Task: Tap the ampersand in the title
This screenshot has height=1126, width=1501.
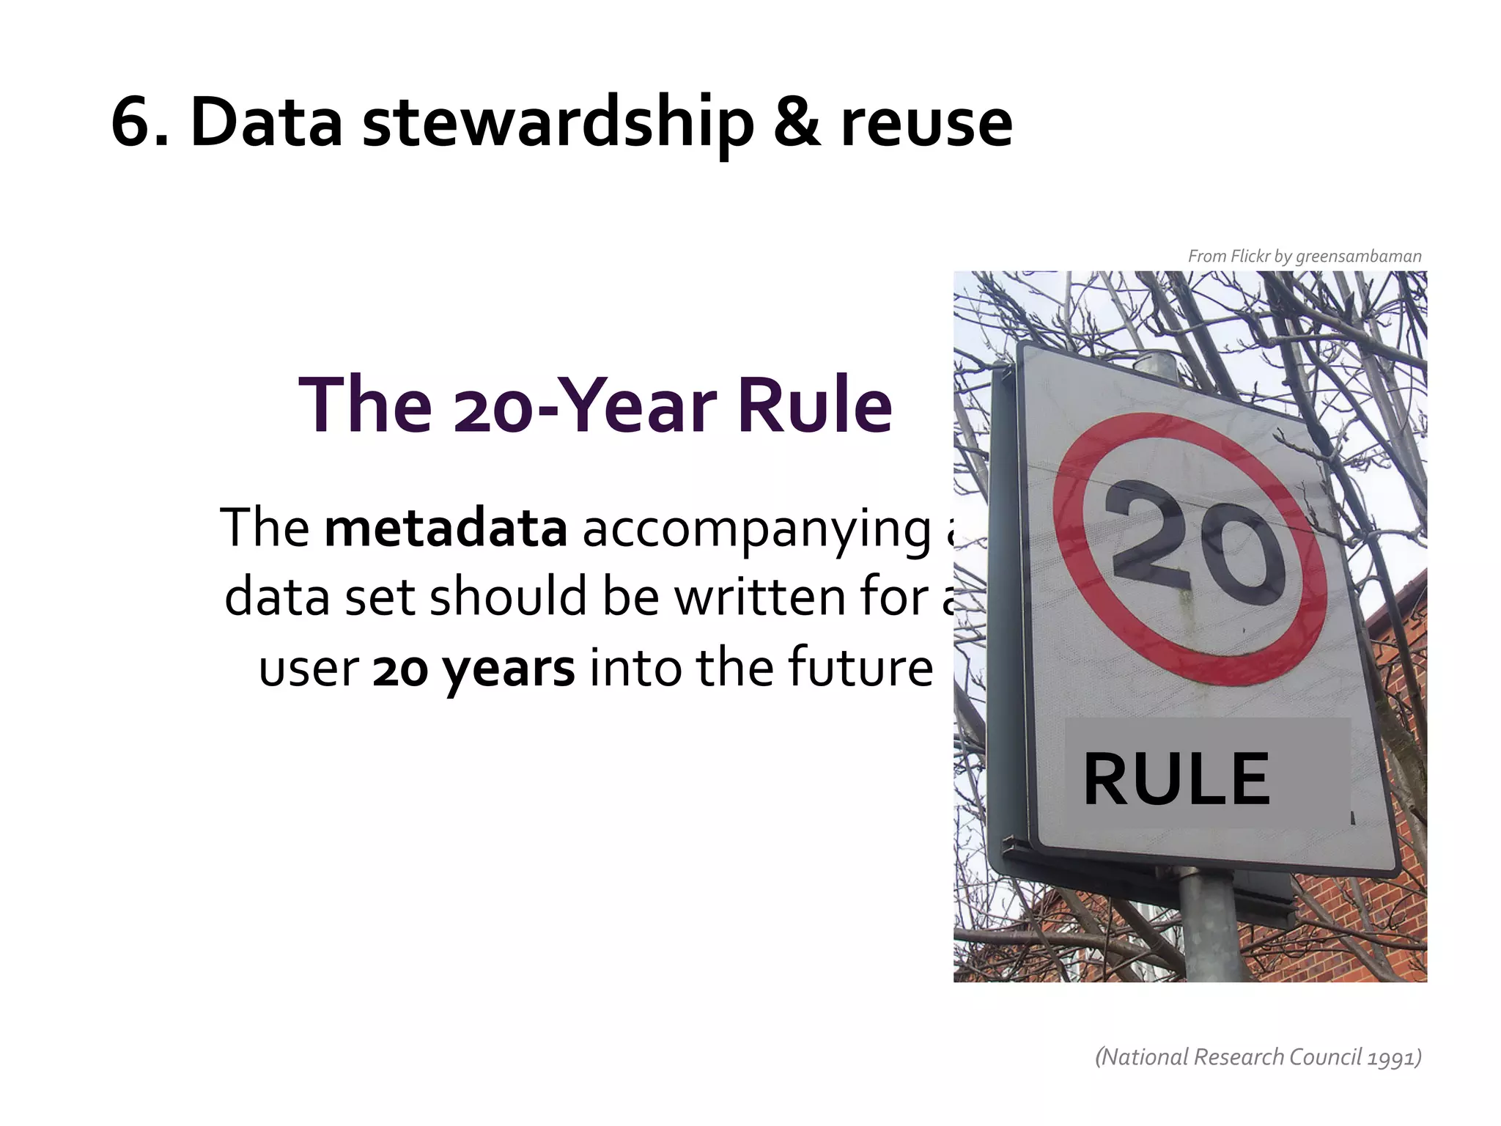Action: (x=797, y=122)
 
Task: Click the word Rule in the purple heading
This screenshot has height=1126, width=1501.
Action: (x=814, y=405)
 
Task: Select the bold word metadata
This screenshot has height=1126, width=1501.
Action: (x=446, y=527)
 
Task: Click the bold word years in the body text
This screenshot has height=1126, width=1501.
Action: (x=509, y=669)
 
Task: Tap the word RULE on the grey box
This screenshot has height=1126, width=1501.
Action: (x=1176, y=779)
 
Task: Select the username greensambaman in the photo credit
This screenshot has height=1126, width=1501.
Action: (x=1358, y=257)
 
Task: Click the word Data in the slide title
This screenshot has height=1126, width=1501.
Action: (x=266, y=122)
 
